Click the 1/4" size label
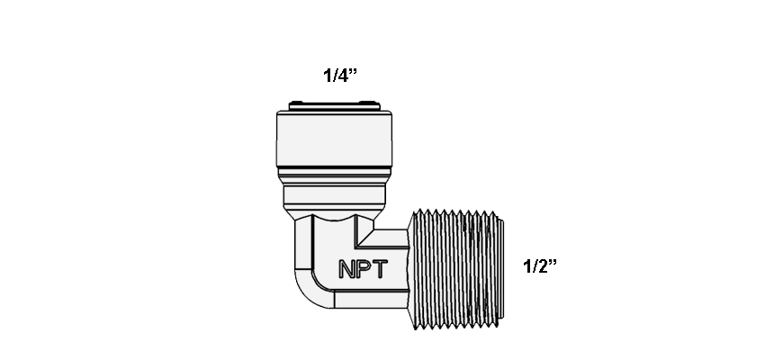click(x=339, y=76)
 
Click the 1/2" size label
click(x=539, y=266)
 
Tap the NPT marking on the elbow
click(x=364, y=269)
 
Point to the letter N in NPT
click(x=346, y=269)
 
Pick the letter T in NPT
click(x=380, y=269)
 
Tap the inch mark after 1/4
click(x=353, y=71)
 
